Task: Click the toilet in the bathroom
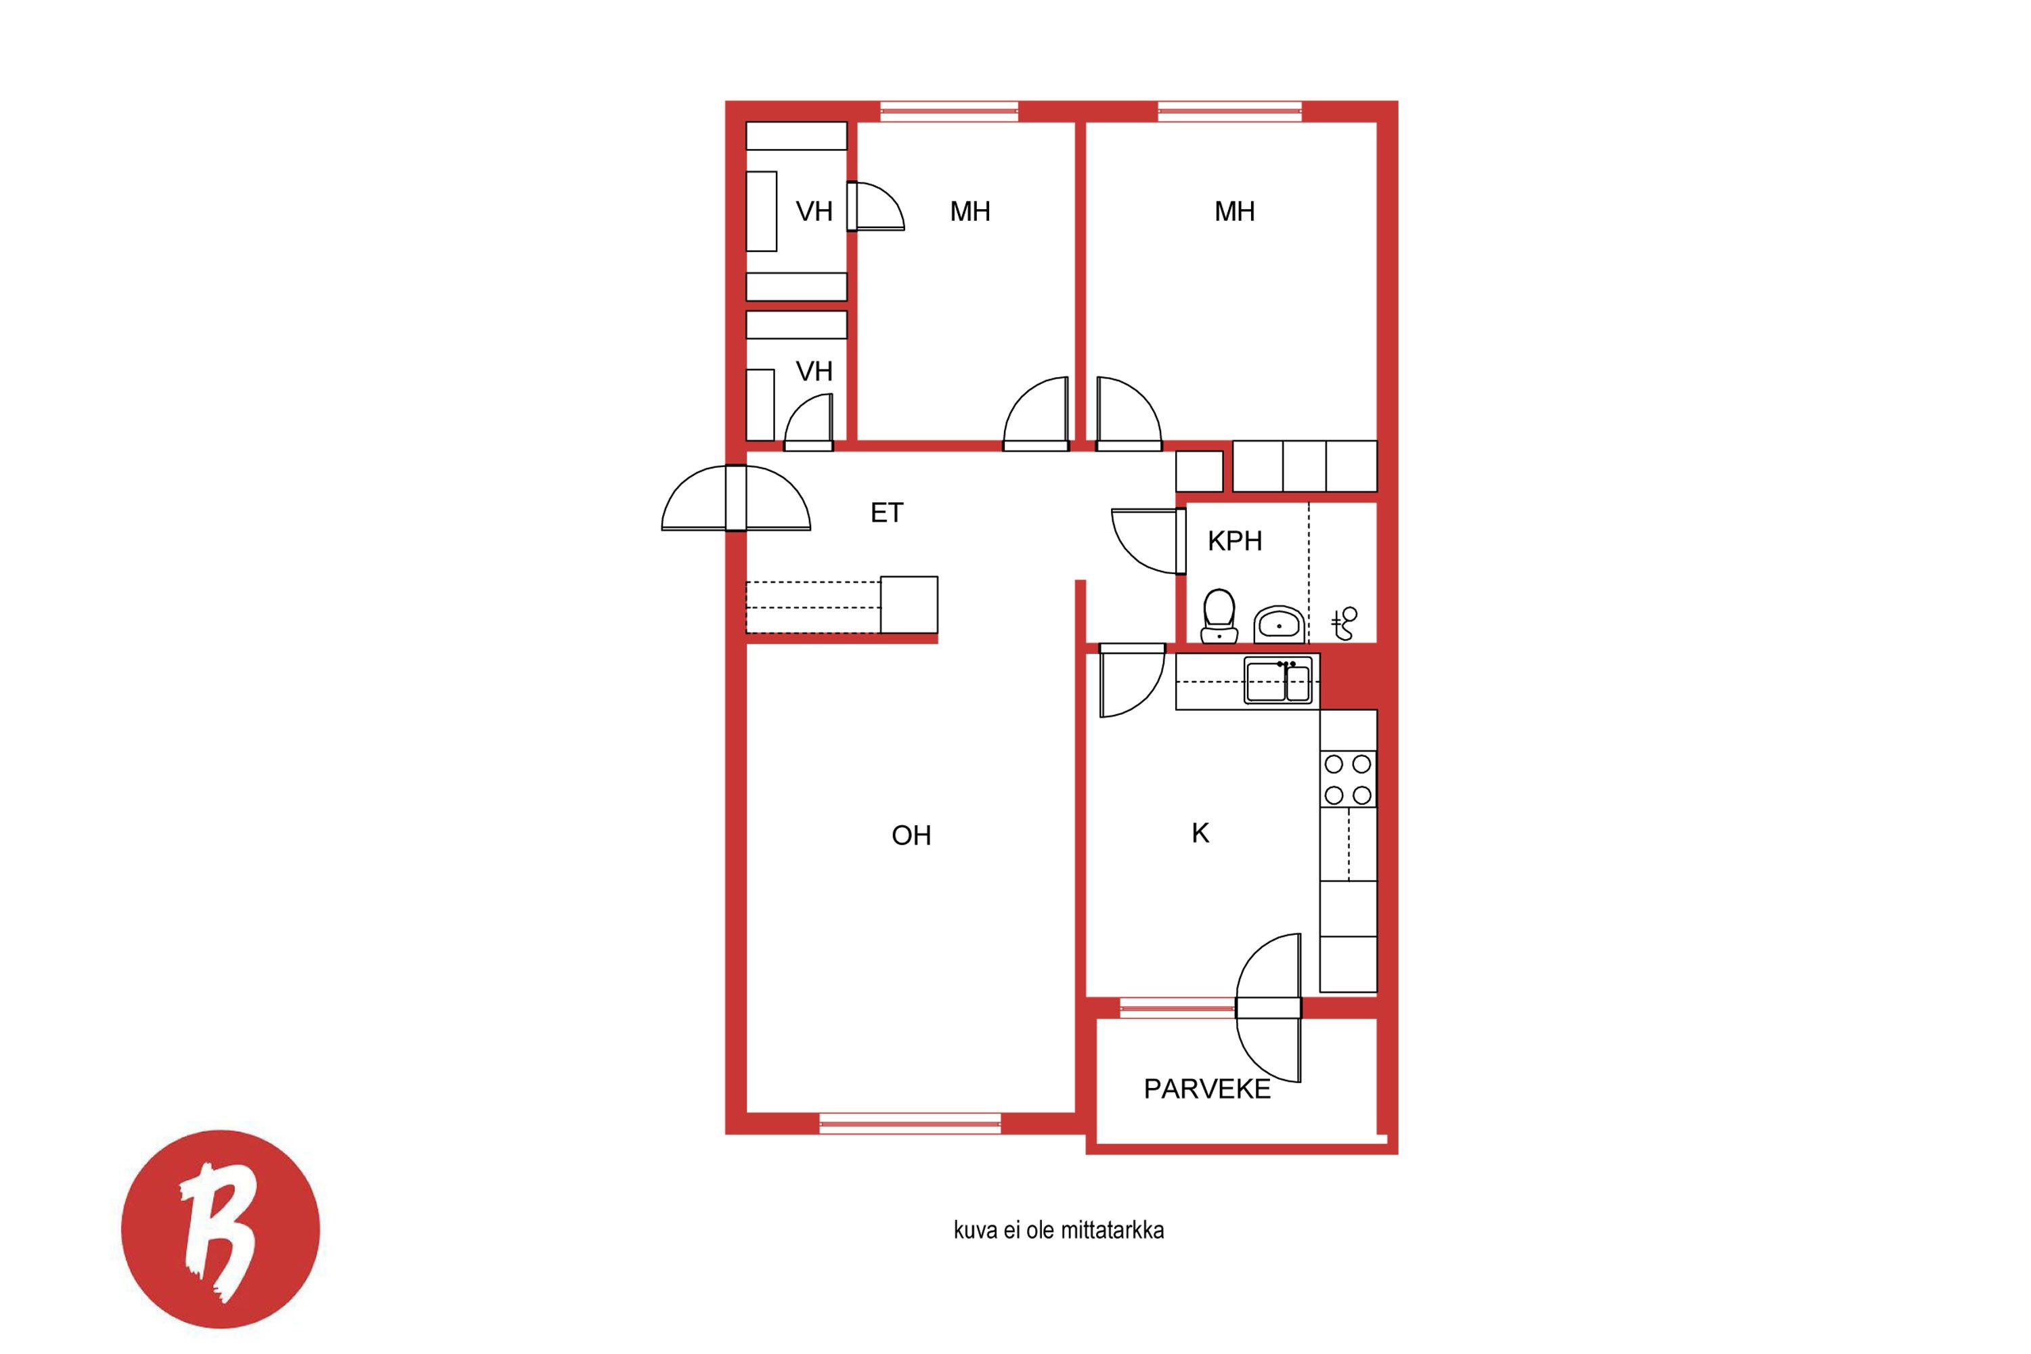pos(1219,615)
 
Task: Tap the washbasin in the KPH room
pos(1279,624)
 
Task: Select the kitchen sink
pos(1278,680)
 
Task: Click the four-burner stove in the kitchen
pos(1348,779)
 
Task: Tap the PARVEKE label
pos(1207,1089)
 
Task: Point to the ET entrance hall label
pos(887,513)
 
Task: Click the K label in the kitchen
pos(1200,833)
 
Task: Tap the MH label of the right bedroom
pos(1235,211)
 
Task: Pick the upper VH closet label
pos(814,211)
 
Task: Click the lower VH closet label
pos(814,371)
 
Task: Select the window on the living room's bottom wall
pos(910,1123)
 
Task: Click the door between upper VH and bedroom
pos(875,206)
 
